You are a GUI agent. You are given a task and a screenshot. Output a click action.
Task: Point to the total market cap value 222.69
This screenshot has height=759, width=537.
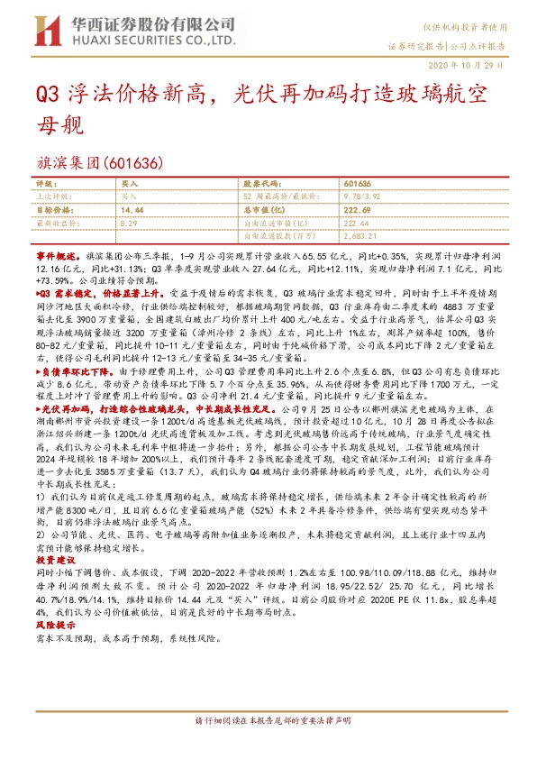pos(360,208)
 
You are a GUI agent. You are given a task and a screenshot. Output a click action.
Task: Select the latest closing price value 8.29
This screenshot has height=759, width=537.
pos(130,221)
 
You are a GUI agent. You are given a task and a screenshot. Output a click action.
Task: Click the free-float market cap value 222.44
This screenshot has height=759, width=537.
pos(359,221)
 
